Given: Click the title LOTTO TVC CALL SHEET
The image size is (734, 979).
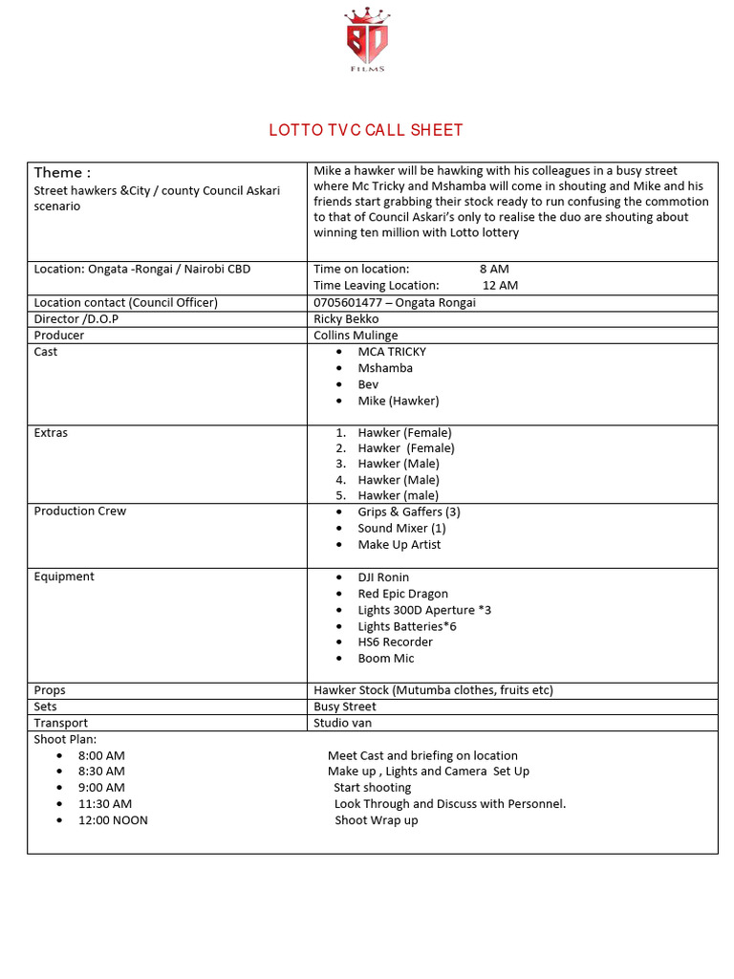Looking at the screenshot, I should (x=366, y=131).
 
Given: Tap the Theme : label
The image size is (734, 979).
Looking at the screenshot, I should (x=62, y=173).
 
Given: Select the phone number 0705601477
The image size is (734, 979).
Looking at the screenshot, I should (x=345, y=303).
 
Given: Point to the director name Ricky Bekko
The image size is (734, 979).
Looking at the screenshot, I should (x=346, y=319).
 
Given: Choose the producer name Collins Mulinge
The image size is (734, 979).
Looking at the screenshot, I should (x=356, y=336).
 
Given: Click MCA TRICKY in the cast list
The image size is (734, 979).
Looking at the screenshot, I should (x=392, y=352).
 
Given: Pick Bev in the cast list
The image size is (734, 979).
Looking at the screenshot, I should (x=368, y=384).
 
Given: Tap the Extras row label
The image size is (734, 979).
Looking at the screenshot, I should (x=51, y=433).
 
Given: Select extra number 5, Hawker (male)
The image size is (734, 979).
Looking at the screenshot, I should (x=398, y=495).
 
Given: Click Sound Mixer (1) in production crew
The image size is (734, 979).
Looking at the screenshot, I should (x=401, y=528).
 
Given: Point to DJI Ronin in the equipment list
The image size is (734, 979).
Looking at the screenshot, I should (x=383, y=577).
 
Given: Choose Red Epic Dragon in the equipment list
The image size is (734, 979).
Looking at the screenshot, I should (x=402, y=594).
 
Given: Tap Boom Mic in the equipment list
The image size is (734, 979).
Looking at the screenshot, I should (x=386, y=658).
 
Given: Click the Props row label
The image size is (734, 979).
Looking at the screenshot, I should (x=50, y=690).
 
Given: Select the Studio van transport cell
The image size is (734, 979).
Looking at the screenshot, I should (x=342, y=723).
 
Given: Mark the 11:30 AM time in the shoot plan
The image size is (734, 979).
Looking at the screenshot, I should (x=105, y=804).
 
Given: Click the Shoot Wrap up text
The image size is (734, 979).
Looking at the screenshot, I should (x=376, y=820).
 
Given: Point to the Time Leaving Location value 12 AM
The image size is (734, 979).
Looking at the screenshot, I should (x=500, y=285).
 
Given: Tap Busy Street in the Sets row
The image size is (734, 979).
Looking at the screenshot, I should (x=345, y=707).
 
